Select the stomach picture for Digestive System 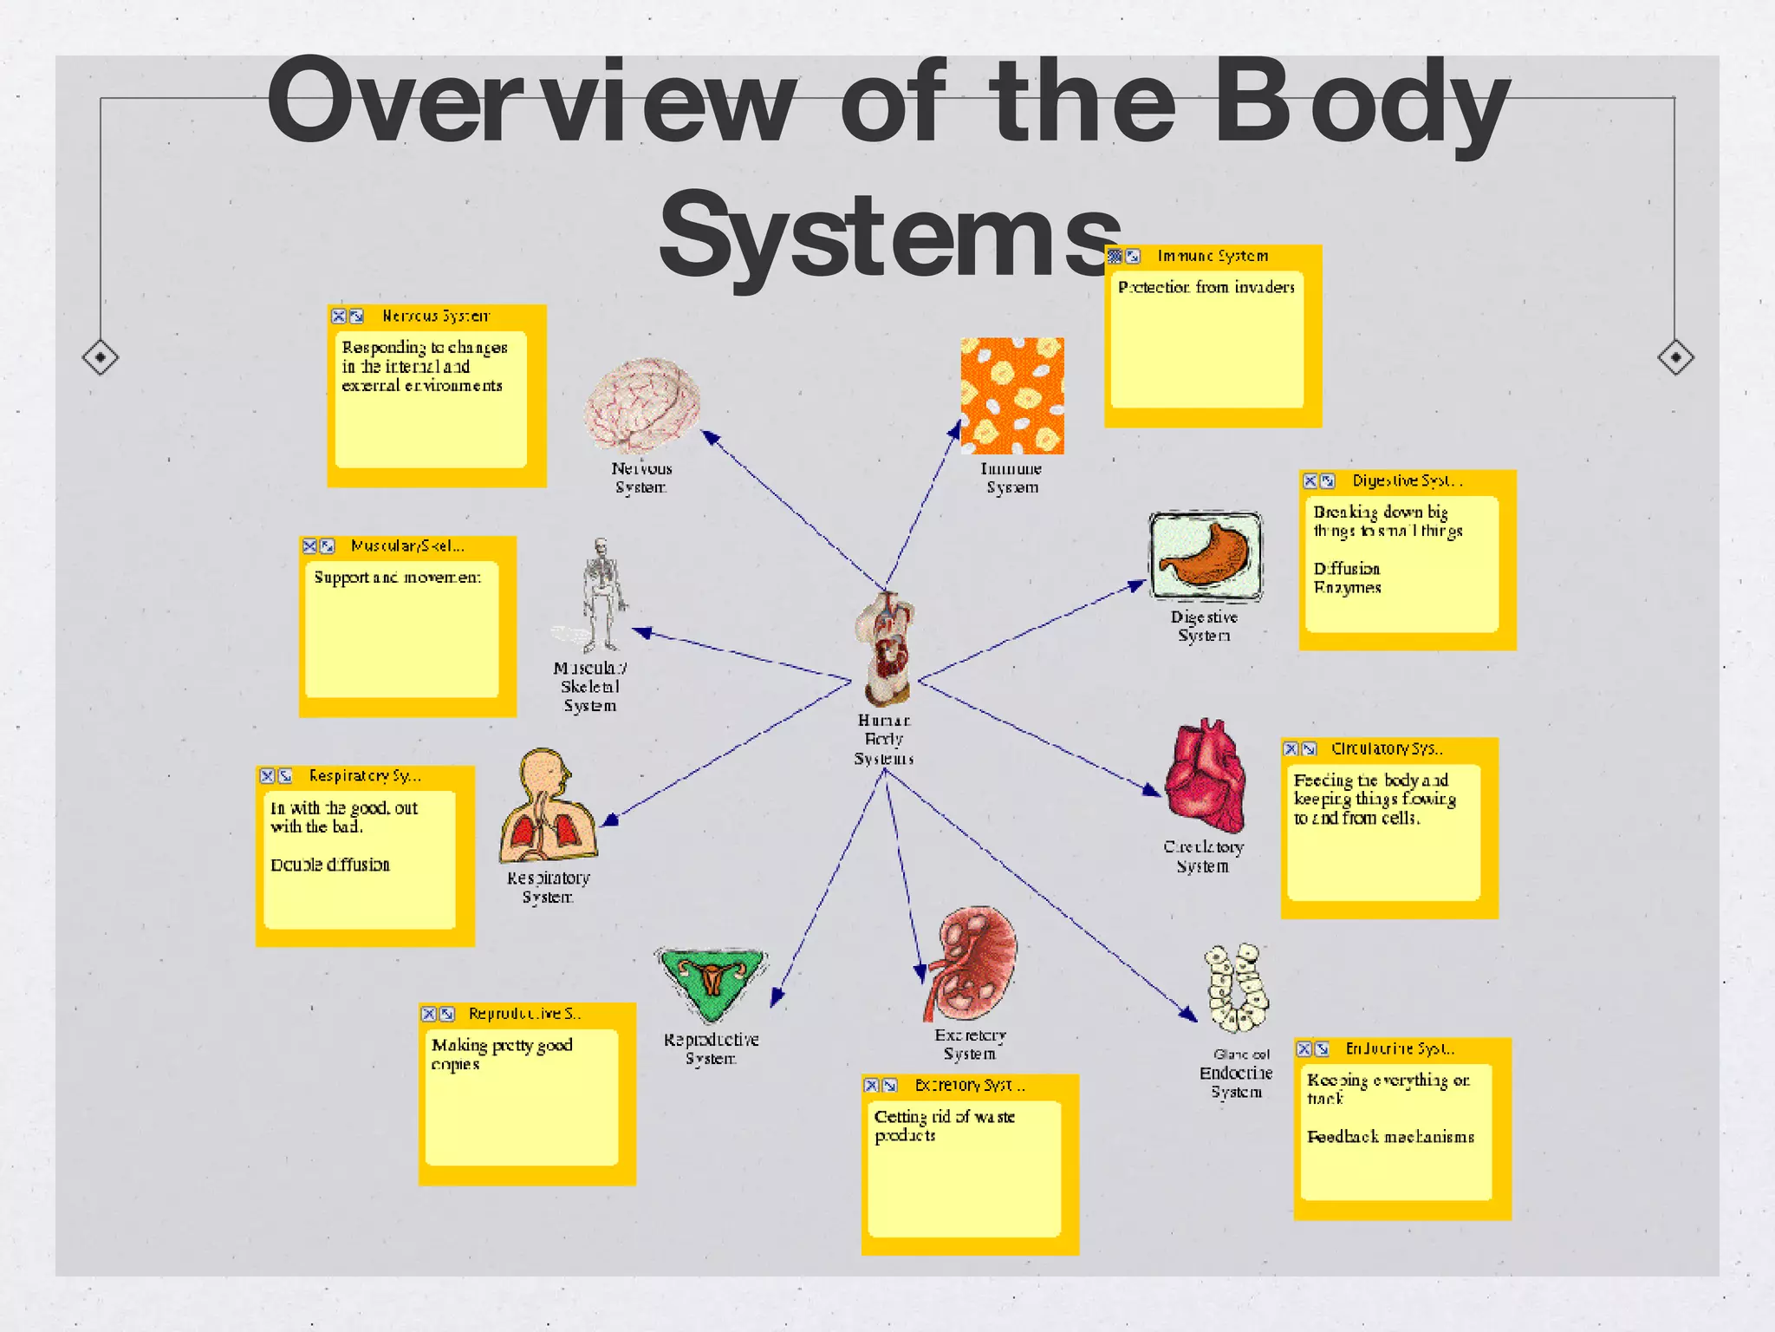tap(1205, 556)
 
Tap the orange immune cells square tap(1011, 396)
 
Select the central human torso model tap(885, 649)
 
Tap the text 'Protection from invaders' tap(1206, 287)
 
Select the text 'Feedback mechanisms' tap(1390, 1137)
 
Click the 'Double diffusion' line tap(330, 865)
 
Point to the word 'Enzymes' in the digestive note tap(1347, 588)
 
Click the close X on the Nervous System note tap(339, 317)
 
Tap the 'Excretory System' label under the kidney tap(970, 1044)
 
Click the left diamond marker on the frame tap(101, 356)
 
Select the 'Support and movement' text tap(397, 578)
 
